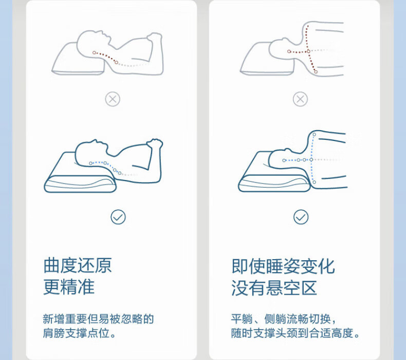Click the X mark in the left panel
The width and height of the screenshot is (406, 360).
tap(113, 99)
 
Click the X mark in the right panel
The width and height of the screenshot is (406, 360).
tap(300, 99)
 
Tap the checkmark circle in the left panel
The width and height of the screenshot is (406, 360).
tap(118, 217)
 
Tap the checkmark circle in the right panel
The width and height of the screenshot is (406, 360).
tap(301, 217)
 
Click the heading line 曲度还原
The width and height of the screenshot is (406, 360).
tap(78, 265)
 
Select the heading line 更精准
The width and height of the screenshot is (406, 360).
tap(69, 287)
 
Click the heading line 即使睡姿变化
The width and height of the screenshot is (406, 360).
tap(283, 266)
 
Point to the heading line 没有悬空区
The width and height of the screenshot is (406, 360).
tap(274, 287)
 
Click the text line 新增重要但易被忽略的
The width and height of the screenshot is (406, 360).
tap(98, 319)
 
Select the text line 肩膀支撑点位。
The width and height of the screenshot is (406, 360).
tap(79, 333)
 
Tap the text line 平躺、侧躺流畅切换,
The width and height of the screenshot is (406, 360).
tap(284, 319)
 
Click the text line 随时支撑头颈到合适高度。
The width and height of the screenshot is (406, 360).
tap(296, 333)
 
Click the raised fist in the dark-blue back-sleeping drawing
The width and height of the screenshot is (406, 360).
tap(155, 143)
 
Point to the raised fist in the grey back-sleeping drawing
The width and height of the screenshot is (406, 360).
tap(155, 37)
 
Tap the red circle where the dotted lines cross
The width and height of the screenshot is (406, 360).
tap(308, 51)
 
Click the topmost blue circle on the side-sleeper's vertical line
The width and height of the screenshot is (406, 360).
tap(315, 134)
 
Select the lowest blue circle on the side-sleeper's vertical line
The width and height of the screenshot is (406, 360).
tap(314, 182)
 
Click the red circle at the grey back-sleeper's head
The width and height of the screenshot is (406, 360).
tap(94, 52)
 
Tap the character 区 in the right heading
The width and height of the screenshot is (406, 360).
tap(309, 287)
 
